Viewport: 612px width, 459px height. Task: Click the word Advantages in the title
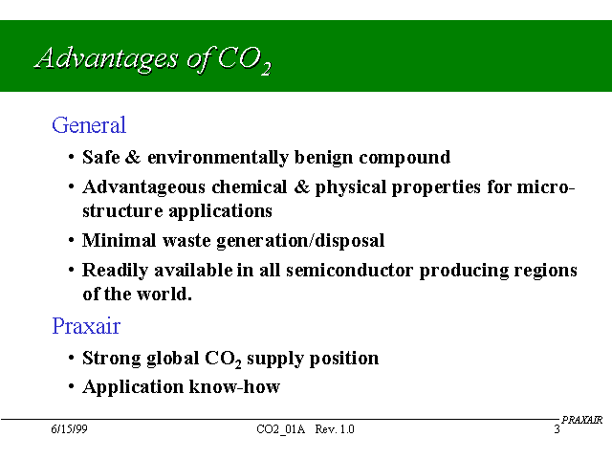(x=106, y=59)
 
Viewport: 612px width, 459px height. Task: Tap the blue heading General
(x=89, y=125)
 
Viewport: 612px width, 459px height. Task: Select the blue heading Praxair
(x=86, y=326)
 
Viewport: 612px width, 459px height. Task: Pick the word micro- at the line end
(x=546, y=187)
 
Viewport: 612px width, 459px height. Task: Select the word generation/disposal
(x=300, y=241)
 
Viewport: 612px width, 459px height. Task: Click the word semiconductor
(x=349, y=270)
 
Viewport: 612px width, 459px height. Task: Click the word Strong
(x=112, y=359)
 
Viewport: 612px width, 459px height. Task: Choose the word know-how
(x=234, y=386)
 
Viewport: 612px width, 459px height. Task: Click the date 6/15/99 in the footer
(x=69, y=429)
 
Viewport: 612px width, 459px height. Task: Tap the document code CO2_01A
(x=280, y=429)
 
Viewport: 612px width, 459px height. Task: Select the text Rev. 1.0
(x=335, y=429)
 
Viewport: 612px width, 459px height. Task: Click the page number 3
(x=557, y=429)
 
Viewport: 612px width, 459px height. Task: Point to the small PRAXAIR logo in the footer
(x=582, y=420)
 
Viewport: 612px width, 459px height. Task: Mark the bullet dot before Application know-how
(x=71, y=386)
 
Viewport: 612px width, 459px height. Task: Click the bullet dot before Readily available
(x=71, y=270)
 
